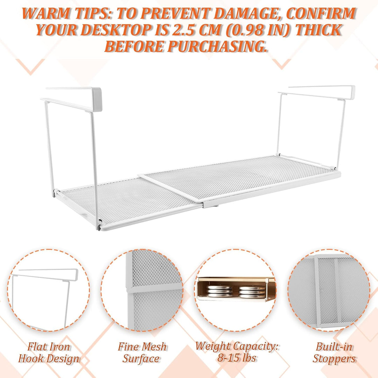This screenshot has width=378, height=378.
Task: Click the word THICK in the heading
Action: tap(318, 30)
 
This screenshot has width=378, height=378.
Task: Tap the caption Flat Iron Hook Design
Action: tap(49, 352)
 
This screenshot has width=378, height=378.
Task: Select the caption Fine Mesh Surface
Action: tap(142, 352)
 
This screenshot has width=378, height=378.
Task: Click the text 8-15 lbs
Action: tap(237, 358)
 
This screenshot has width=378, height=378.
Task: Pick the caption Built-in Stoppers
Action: tap(334, 352)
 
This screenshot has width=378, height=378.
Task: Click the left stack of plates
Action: tap(219, 291)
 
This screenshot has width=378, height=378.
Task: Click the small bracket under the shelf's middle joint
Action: tap(210, 205)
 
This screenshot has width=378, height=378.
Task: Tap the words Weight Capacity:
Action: tap(237, 346)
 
